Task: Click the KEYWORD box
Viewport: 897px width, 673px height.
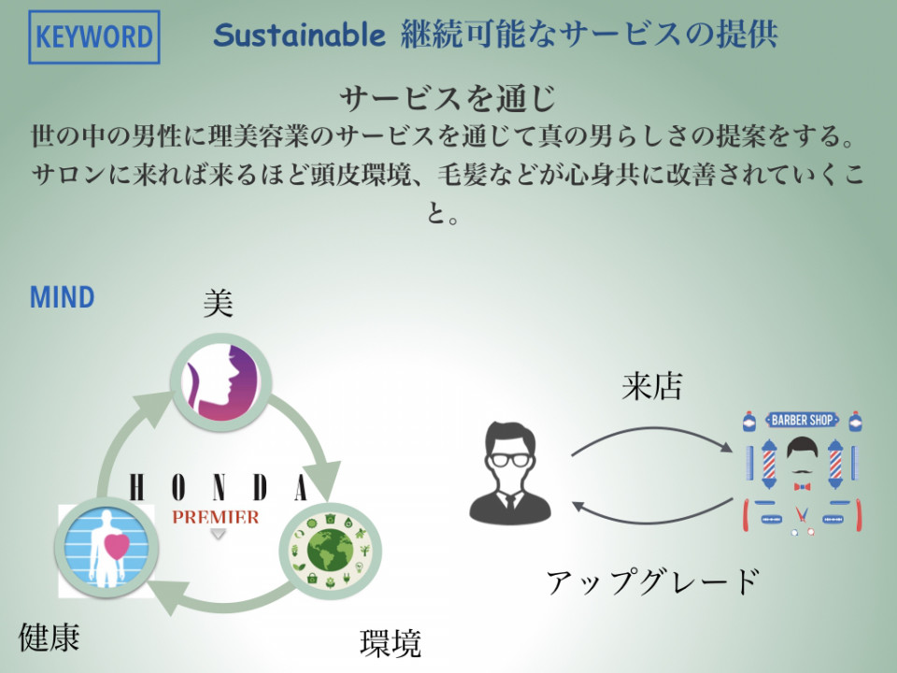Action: [x=93, y=36]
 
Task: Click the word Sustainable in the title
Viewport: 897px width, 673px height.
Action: [x=299, y=35]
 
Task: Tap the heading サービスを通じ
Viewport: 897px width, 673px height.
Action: [x=448, y=98]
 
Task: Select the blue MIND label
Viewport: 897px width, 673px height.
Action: [x=62, y=297]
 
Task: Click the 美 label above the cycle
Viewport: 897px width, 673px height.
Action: [x=219, y=303]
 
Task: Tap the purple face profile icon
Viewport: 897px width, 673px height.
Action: [x=221, y=382]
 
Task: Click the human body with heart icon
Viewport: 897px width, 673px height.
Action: [x=106, y=549]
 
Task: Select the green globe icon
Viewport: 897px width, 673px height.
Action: [x=330, y=551]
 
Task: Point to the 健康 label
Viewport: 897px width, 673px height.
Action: [x=50, y=637]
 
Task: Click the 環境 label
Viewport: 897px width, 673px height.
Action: [x=391, y=643]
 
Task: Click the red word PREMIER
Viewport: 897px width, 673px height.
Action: [x=216, y=517]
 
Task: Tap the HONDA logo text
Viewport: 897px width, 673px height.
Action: [x=219, y=488]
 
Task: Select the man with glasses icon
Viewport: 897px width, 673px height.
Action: [x=510, y=474]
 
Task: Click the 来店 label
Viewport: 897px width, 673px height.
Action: [x=651, y=386]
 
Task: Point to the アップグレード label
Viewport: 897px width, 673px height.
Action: [x=653, y=582]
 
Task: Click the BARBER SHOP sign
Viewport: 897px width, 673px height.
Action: [x=802, y=420]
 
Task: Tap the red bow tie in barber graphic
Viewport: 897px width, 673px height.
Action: [x=802, y=487]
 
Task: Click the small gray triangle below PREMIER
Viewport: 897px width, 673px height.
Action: [x=218, y=534]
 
